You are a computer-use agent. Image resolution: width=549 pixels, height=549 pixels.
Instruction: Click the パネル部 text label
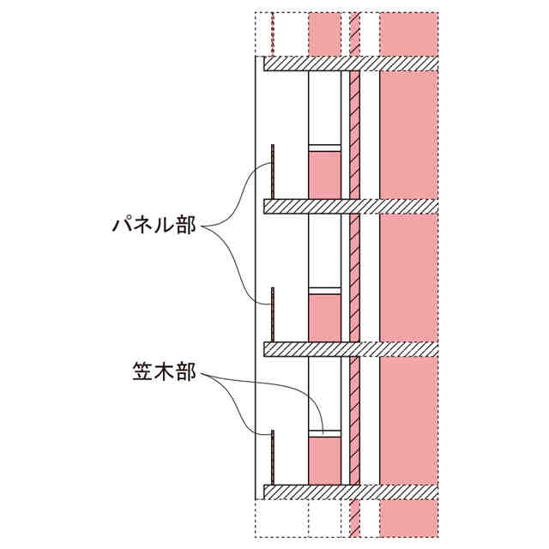point(154,226)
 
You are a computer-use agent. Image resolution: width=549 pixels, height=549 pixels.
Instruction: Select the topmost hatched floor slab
point(350,64)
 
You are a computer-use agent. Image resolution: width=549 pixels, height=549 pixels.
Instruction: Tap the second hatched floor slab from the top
point(350,207)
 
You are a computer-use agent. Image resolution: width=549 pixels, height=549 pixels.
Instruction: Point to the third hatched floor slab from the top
point(350,349)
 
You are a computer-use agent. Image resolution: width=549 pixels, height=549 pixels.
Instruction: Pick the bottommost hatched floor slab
point(350,492)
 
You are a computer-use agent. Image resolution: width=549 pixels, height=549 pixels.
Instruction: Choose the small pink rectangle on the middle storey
point(324,318)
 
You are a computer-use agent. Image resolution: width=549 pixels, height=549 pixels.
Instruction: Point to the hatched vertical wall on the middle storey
point(353,278)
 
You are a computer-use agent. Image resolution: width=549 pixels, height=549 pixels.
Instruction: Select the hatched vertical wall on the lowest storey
point(353,420)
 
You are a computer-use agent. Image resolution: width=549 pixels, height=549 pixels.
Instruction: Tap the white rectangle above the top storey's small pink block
point(324,107)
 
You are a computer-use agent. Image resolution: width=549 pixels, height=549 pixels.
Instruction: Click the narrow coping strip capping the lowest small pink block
point(324,434)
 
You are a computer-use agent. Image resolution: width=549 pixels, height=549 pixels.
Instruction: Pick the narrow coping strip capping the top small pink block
point(324,148)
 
